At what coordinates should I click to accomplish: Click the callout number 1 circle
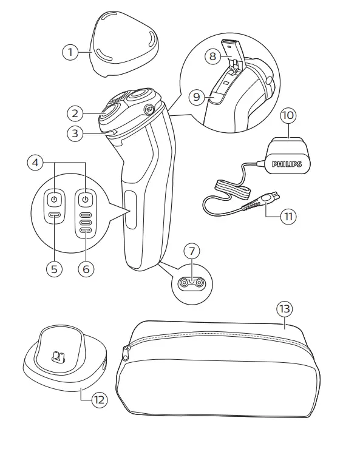(71, 53)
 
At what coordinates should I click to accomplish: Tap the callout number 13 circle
(284, 308)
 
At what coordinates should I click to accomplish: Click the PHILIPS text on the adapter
(286, 164)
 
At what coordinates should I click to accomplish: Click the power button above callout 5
(54, 199)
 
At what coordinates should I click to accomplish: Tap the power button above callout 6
(86, 199)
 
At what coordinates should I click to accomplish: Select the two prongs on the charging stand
(59, 356)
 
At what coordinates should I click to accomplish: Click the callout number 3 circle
(74, 133)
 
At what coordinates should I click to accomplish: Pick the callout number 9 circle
(195, 96)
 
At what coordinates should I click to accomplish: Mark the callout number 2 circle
(74, 113)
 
